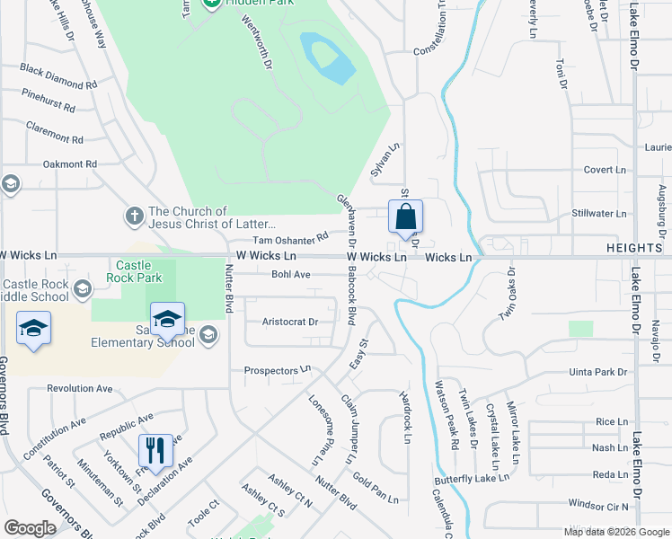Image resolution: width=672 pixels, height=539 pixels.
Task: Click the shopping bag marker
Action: coord(405,217)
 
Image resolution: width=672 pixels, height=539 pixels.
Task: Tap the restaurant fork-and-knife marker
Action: coord(155,451)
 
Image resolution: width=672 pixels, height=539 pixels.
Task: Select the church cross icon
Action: coord(134,216)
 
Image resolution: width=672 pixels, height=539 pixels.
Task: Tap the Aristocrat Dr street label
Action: coord(290,322)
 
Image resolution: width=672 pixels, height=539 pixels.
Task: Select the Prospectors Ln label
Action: coord(278,369)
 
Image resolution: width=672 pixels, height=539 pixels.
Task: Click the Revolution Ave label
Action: coord(80,388)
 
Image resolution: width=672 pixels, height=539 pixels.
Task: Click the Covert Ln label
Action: coord(604,170)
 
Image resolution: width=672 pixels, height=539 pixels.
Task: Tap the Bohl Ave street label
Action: coord(290,275)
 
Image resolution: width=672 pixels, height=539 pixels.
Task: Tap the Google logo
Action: coord(30,528)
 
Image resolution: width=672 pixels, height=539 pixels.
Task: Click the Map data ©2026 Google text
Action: coord(615,532)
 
